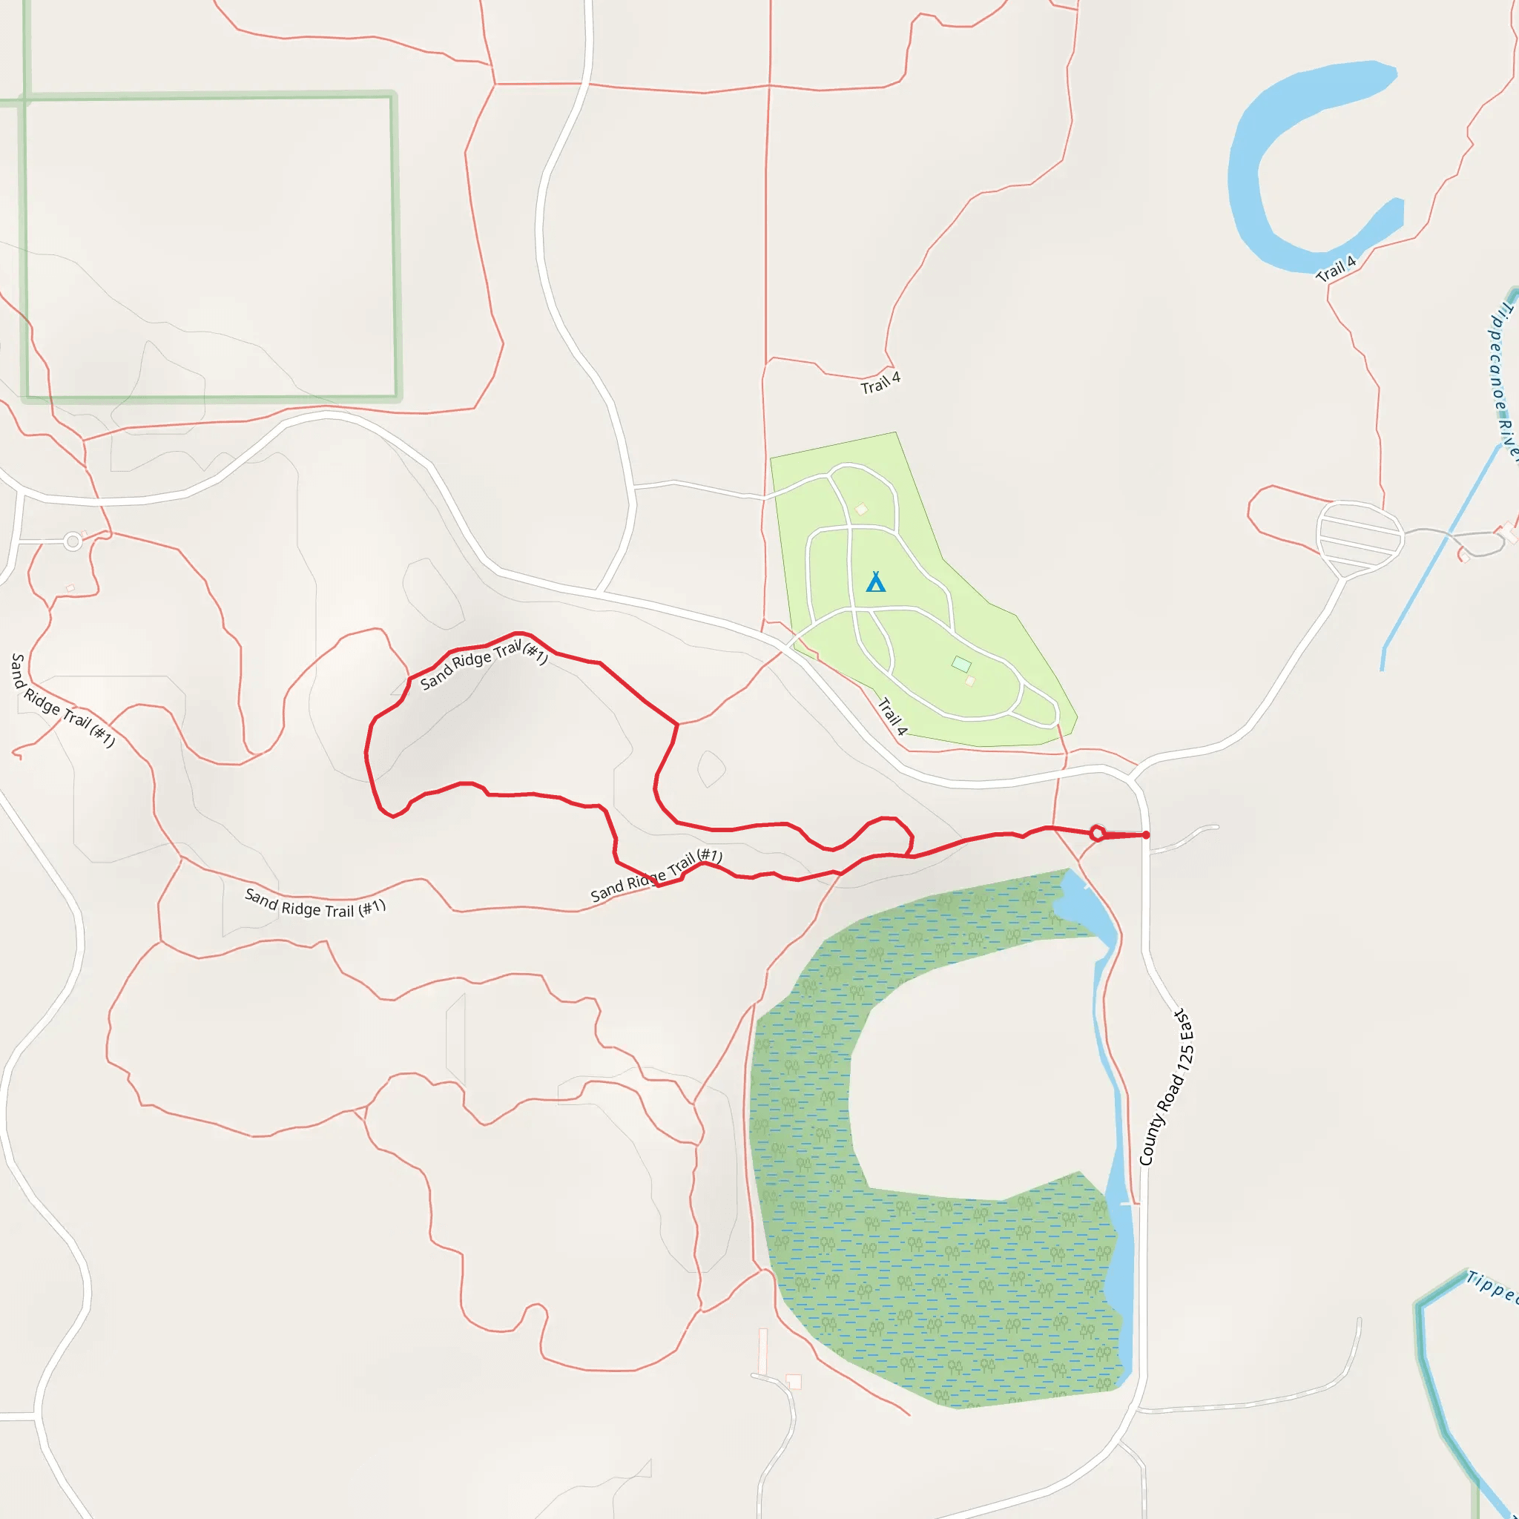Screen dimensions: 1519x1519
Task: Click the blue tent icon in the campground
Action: pos(875,581)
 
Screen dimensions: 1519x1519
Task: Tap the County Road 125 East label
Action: pos(1166,1087)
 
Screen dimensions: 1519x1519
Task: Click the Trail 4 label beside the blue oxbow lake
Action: pos(1336,268)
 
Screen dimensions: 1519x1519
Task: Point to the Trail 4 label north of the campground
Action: pos(880,383)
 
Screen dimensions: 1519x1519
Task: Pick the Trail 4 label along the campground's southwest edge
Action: pos(892,716)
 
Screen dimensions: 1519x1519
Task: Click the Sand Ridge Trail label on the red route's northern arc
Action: pos(484,665)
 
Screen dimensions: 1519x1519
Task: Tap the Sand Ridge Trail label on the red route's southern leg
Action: pos(656,874)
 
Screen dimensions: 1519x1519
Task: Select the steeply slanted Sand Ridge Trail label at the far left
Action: pos(62,699)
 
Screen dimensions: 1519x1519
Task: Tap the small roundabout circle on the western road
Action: pos(73,541)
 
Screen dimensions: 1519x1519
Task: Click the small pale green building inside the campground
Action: pos(961,664)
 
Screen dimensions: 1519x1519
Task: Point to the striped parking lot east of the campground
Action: pos(1360,536)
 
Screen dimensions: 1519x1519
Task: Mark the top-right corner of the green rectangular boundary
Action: pos(392,96)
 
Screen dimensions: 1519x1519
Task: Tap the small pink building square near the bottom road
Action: pos(794,1381)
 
